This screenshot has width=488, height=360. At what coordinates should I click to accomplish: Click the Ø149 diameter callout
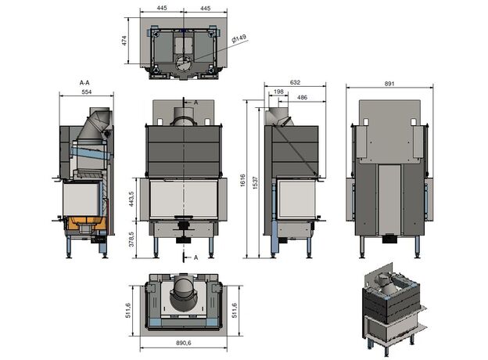pyautogui.click(x=239, y=38)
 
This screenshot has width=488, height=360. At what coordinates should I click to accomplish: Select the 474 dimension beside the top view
pyautogui.click(x=124, y=41)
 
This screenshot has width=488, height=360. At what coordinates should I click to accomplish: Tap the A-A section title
pyautogui.click(x=84, y=83)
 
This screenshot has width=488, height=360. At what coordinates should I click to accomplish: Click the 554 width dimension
pyautogui.click(x=87, y=92)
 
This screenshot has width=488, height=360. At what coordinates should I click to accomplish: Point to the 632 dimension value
pyautogui.click(x=295, y=82)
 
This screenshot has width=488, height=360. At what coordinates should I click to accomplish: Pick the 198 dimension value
pyautogui.click(x=278, y=92)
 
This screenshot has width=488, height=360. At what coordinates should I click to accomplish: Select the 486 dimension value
pyautogui.click(x=302, y=98)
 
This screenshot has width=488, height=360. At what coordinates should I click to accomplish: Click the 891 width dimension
pyautogui.click(x=389, y=84)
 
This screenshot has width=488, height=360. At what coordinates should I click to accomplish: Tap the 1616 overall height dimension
pyautogui.click(x=242, y=180)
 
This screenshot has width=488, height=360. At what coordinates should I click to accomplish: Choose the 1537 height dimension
pyautogui.click(x=255, y=183)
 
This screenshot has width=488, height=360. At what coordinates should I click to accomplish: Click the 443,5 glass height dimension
pyautogui.click(x=131, y=199)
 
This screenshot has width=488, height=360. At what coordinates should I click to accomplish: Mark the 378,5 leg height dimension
pyautogui.click(x=131, y=239)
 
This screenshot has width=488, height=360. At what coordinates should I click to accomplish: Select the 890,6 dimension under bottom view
pyautogui.click(x=184, y=343)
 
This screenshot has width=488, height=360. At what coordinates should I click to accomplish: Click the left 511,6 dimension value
pyautogui.click(x=127, y=311)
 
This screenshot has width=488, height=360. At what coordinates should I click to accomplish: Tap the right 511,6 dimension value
pyautogui.click(x=234, y=311)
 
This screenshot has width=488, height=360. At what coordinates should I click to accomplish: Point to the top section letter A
pyautogui.click(x=196, y=103)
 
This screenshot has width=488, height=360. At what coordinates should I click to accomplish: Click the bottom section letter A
pyautogui.click(x=196, y=257)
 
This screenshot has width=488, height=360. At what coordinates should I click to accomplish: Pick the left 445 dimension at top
pyautogui.click(x=162, y=8)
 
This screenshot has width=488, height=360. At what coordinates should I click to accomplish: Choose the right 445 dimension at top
pyautogui.click(x=206, y=8)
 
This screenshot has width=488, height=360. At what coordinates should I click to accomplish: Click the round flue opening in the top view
pyautogui.click(x=184, y=63)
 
